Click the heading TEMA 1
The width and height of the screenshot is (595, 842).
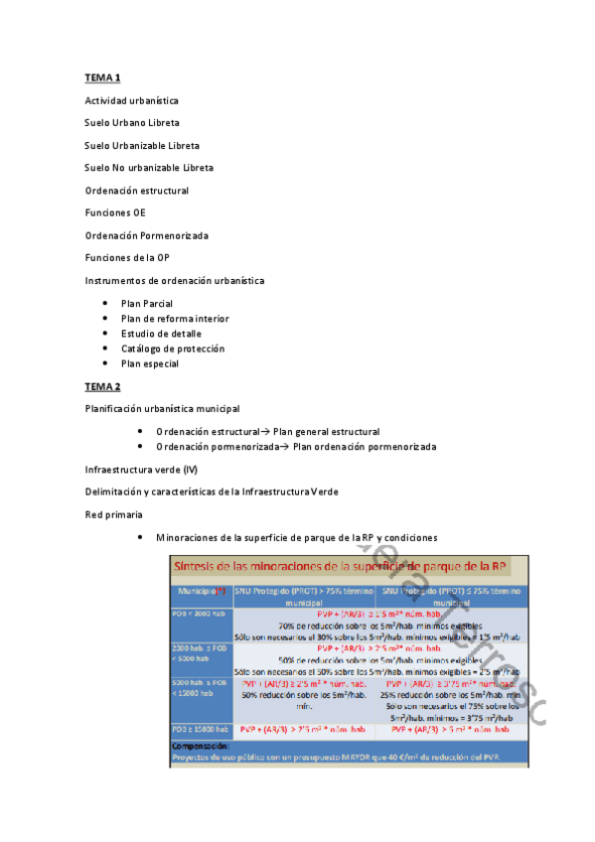pos(102,77)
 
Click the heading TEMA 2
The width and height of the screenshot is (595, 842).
pos(102,386)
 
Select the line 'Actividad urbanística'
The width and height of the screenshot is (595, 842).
pos(131,100)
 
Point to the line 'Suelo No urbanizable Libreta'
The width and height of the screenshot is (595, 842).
pos(148,168)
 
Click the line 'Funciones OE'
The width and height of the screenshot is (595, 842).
pos(115,212)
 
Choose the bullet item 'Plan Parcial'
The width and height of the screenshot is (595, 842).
pos(147,303)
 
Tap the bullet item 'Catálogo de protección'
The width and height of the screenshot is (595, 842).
pos(173,349)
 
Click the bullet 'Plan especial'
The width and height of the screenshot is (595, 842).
pos(150,363)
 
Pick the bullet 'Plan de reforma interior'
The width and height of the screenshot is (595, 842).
pos(175,319)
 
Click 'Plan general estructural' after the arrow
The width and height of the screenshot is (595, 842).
pos(326,431)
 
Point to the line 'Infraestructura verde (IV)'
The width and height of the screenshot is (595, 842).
pos(141,469)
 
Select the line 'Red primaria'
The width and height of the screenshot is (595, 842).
pos(113,514)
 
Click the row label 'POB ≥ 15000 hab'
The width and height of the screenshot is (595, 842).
pos(201,730)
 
